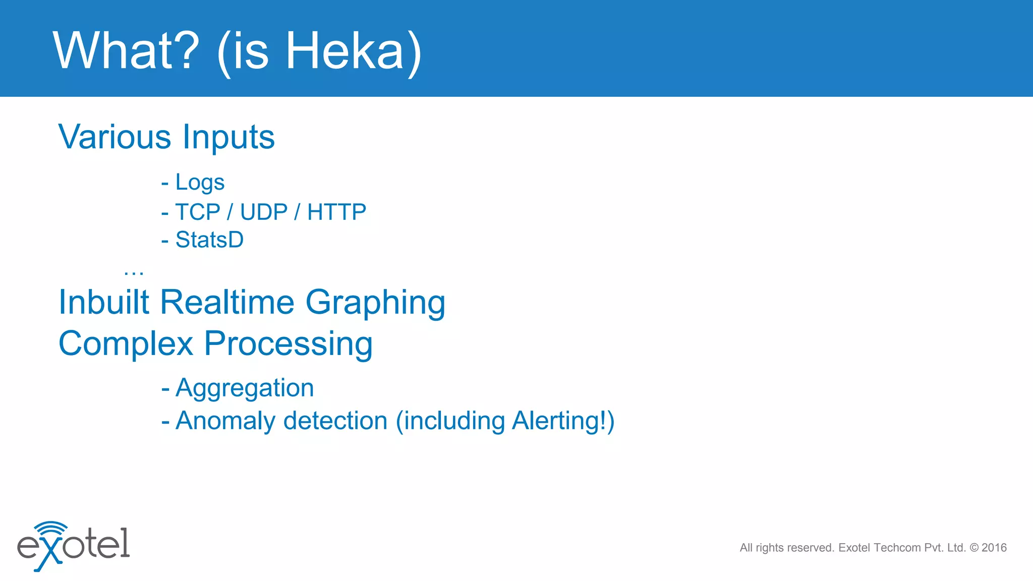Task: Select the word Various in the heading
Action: (x=115, y=137)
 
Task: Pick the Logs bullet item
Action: (x=200, y=183)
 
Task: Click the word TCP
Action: (x=198, y=212)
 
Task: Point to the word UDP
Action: (x=264, y=212)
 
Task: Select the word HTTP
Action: (x=336, y=212)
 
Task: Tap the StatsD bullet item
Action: (x=209, y=240)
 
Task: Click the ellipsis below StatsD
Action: (x=134, y=273)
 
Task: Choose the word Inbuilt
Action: (x=104, y=302)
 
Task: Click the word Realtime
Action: (x=227, y=302)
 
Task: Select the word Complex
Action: (x=126, y=344)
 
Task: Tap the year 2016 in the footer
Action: (x=994, y=548)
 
